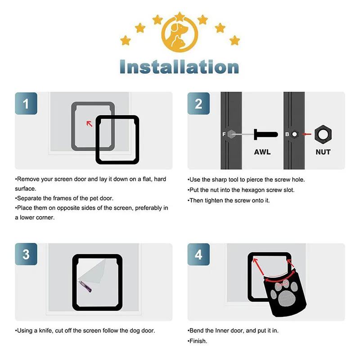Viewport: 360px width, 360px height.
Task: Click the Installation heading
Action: (180, 67)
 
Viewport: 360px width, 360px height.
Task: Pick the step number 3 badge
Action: (26, 254)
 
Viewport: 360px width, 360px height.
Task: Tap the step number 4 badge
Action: (199, 254)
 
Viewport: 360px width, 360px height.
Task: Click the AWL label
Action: (262, 152)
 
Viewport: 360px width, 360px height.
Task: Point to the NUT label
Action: (323, 152)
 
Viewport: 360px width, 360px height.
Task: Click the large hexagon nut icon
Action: (323, 134)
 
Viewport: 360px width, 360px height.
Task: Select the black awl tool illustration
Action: (265, 134)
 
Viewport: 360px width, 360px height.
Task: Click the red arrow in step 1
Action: (89, 122)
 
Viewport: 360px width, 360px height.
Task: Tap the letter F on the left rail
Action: (224, 134)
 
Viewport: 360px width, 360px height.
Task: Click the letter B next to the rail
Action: (287, 134)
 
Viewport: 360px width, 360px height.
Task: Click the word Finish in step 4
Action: (198, 341)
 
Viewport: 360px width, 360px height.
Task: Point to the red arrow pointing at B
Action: (307, 134)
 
